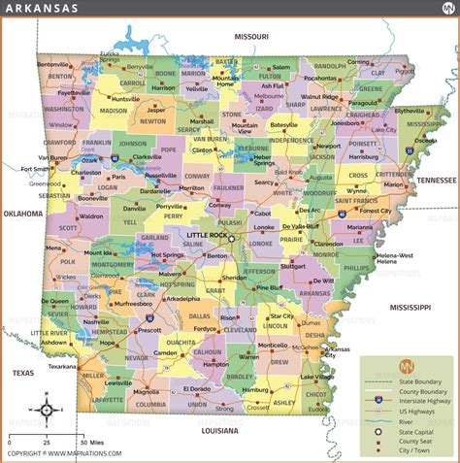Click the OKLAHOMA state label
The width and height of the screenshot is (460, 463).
point(22,214)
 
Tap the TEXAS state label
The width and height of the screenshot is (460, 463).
point(22,372)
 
